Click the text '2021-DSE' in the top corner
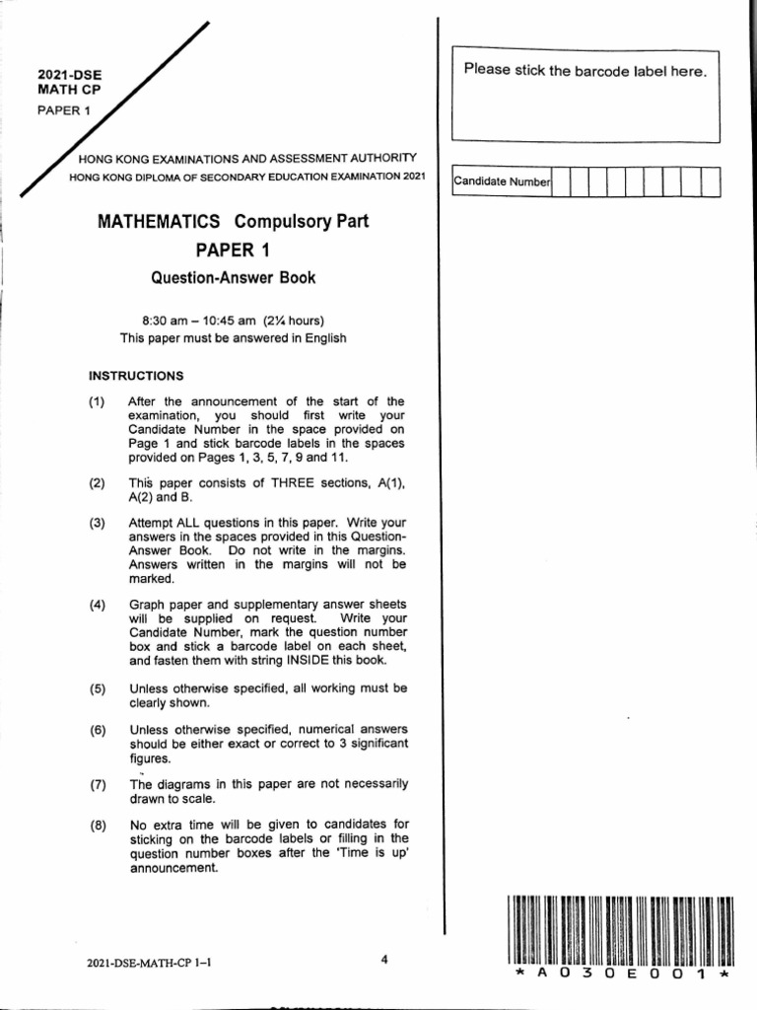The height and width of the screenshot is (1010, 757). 68,75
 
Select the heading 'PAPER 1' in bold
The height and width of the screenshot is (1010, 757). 233,251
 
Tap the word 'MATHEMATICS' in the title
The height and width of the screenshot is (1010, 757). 159,222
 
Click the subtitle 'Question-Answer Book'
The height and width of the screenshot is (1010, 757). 233,278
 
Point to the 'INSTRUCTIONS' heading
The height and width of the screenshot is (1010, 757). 137,376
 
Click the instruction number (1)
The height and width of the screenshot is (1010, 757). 96,401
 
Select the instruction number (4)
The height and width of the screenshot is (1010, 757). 96,605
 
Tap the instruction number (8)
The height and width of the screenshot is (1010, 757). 96,825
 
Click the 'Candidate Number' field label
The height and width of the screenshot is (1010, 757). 502,182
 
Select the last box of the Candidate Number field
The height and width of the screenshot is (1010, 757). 710,182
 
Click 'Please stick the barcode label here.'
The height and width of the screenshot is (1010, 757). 585,71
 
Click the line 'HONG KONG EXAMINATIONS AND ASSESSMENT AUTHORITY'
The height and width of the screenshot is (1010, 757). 248,158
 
